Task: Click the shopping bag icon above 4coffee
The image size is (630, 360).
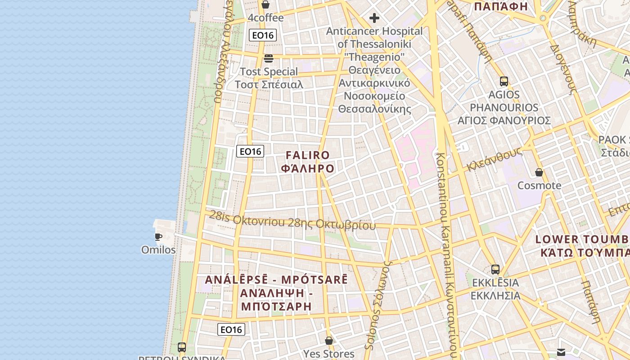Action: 265,5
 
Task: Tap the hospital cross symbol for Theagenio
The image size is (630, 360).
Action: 374,18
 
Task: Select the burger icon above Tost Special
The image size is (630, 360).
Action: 269,58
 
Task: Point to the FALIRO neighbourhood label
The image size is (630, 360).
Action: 308,156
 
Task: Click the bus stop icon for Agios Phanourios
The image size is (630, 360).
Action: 504,81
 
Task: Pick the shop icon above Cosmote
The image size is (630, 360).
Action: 539,172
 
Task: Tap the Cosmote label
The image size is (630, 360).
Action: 539,185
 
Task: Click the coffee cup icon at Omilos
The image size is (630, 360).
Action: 158,237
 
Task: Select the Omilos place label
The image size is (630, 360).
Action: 158,250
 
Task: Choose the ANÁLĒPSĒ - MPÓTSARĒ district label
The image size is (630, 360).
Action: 276,279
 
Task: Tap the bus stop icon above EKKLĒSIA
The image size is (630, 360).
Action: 495,270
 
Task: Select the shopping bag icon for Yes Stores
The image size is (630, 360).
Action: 329,341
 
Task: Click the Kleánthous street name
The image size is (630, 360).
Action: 494,159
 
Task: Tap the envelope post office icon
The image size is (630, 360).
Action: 561,352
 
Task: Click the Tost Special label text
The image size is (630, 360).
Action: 269,72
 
